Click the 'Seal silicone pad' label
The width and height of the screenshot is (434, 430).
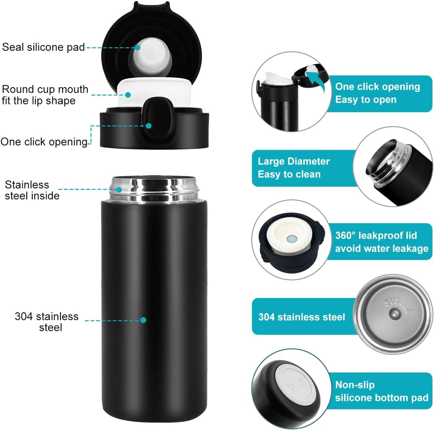coord(43,47)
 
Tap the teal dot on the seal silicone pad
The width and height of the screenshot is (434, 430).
coord(138,48)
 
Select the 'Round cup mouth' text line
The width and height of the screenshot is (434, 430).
coord(45,89)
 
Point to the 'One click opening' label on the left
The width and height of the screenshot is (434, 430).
coord(44,142)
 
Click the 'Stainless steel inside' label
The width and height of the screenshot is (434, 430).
coord(32,190)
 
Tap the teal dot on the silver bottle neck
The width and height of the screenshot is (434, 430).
coord(119,190)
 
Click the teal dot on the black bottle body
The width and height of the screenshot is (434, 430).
coord(143,320)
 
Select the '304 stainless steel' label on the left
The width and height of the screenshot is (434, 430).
coord(47,322)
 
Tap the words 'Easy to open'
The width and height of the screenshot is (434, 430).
coord(366,100)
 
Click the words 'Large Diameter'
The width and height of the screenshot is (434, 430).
coord(294,161)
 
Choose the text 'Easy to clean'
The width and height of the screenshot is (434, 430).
coord(289,174)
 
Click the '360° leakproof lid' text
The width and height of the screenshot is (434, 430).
coord(376,235)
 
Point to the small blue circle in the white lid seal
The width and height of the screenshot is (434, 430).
coord(291,239)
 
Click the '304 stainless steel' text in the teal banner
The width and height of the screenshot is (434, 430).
coord(302,317)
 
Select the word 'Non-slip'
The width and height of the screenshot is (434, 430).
coord(355,385)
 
